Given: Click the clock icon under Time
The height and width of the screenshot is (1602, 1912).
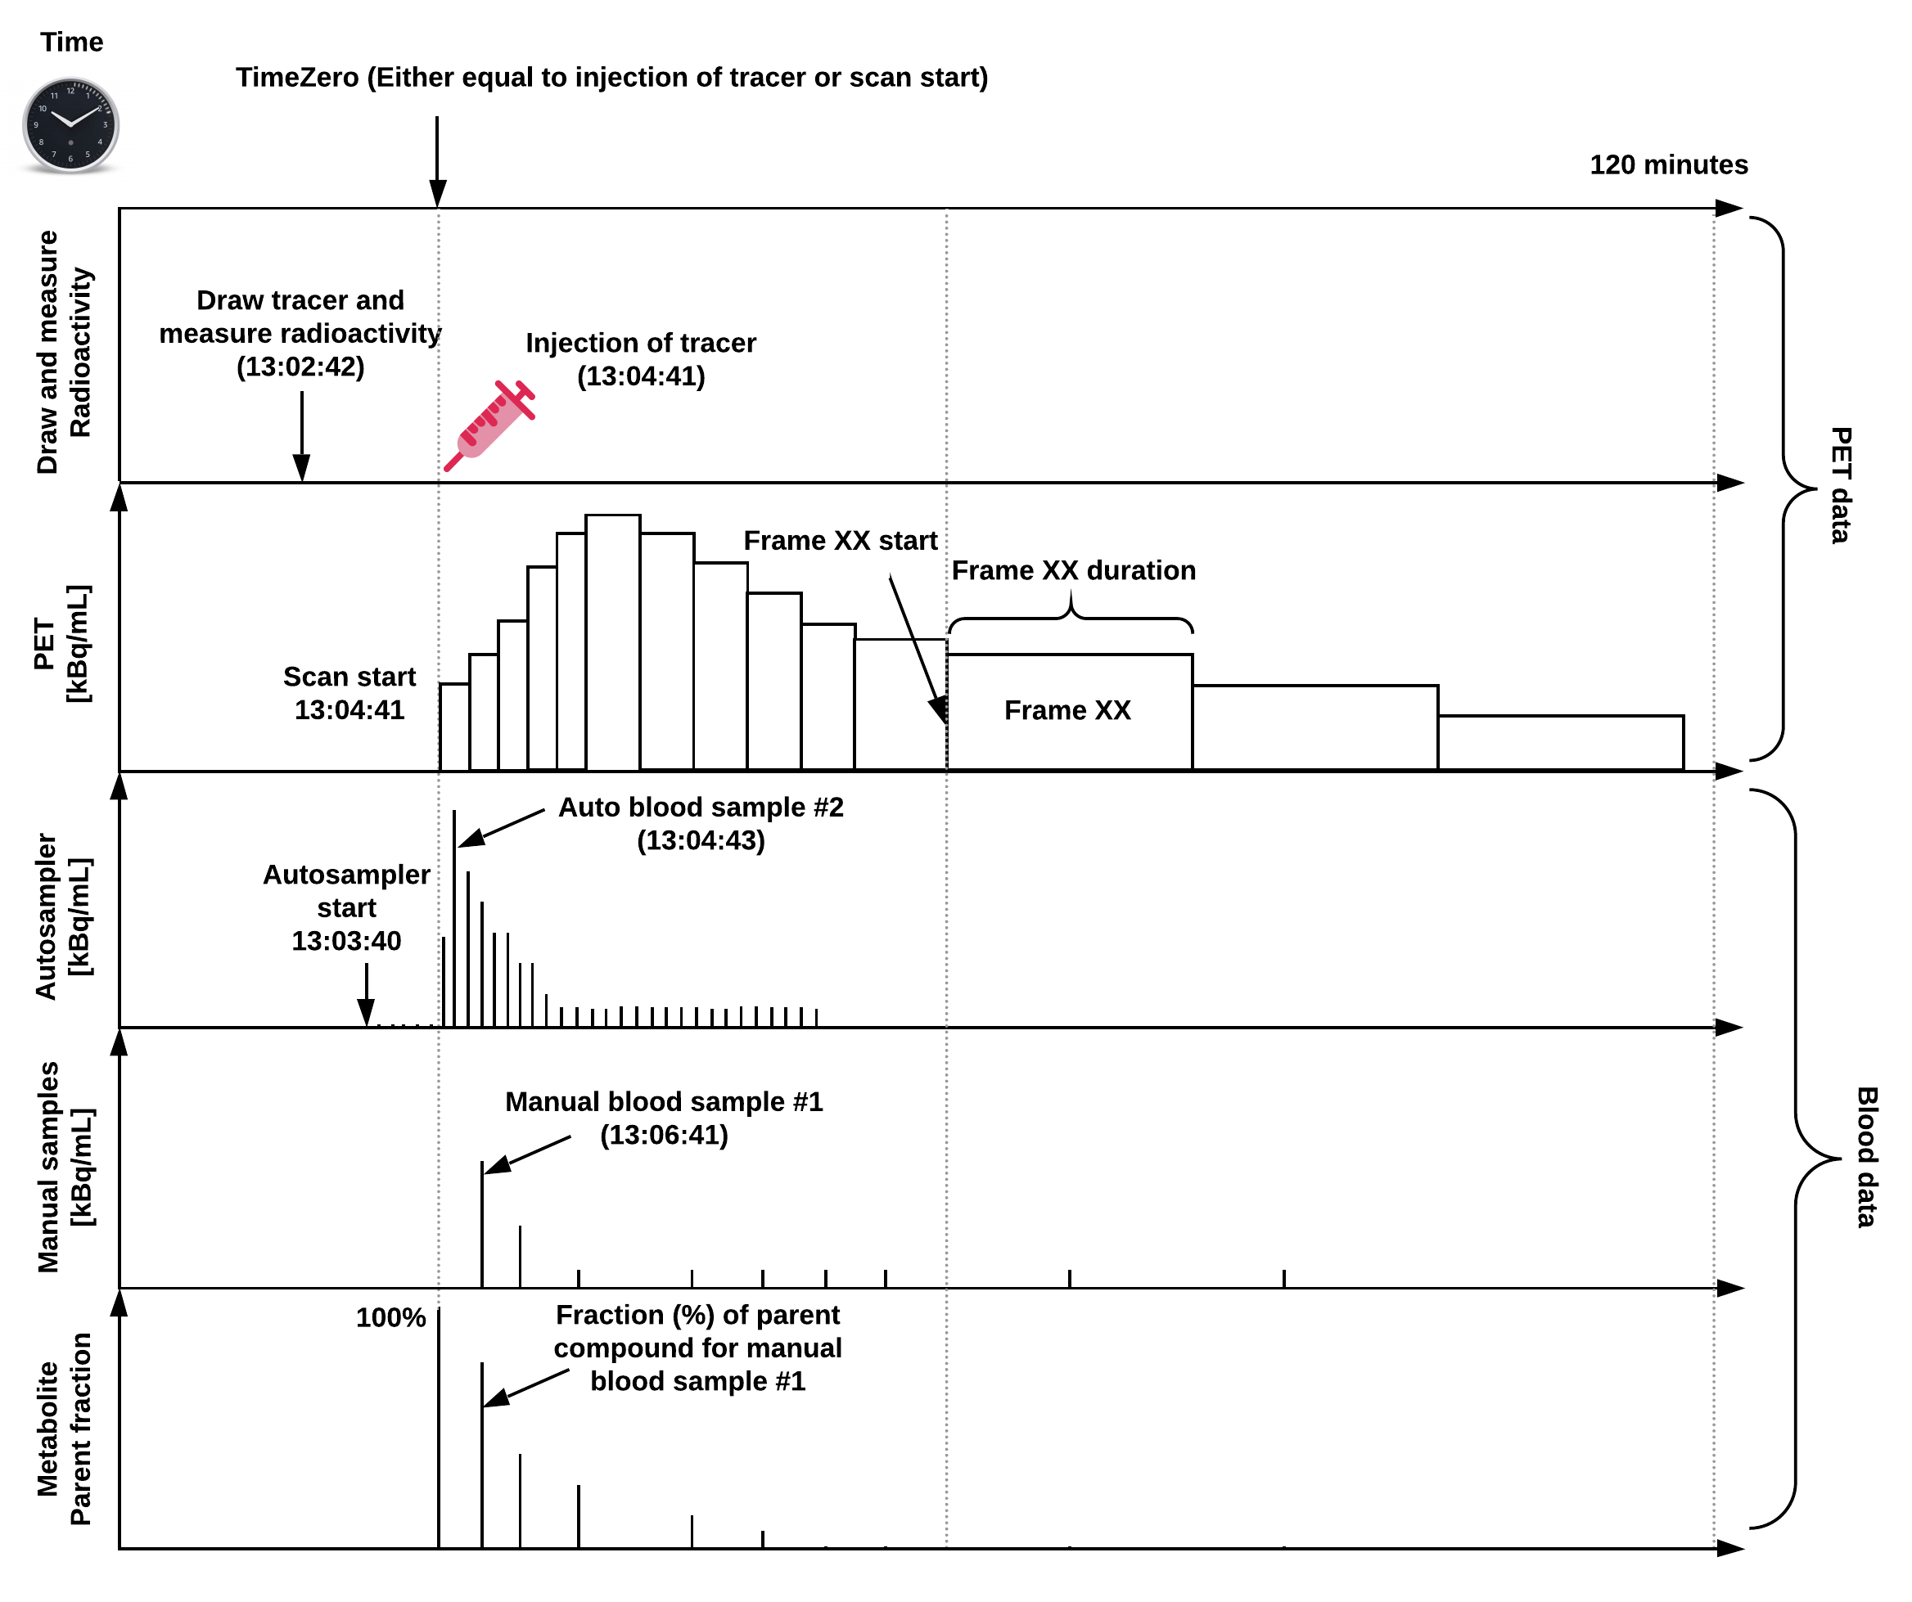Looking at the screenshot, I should [70, 126].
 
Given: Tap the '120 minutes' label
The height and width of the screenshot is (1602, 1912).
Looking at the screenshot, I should [1668, 164].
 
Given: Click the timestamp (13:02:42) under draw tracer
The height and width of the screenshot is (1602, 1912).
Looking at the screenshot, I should [300, 367].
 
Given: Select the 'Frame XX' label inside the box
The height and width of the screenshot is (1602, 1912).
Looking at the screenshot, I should [1067, 710].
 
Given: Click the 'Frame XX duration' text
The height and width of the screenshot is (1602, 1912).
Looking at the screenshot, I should [1073, 571].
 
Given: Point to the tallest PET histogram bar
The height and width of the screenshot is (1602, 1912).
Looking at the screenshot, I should [613, 641].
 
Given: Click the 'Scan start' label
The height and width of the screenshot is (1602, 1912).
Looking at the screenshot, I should [349, 677].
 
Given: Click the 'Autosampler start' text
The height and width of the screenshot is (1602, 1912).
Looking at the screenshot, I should [346, 891].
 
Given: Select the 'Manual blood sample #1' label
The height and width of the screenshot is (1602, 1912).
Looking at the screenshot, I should [664, 1102].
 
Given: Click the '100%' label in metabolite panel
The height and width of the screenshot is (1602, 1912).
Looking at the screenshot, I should [390, 1318].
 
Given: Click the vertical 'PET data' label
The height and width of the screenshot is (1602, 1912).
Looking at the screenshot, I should [1840, 485].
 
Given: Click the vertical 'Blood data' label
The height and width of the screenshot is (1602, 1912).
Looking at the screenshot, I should [1866, 1157].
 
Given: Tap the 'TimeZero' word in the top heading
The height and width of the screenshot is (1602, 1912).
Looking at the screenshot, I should [298, 78].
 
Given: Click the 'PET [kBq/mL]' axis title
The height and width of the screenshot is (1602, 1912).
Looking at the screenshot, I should [61, 644].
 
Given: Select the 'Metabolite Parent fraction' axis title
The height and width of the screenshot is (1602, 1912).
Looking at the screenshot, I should [64, 1429].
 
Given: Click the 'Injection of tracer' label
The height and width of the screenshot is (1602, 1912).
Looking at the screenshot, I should [640, 343].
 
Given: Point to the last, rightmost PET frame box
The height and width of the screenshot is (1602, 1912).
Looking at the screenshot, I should [1561, 743].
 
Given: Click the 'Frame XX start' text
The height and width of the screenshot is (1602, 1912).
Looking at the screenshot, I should [840, 541].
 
